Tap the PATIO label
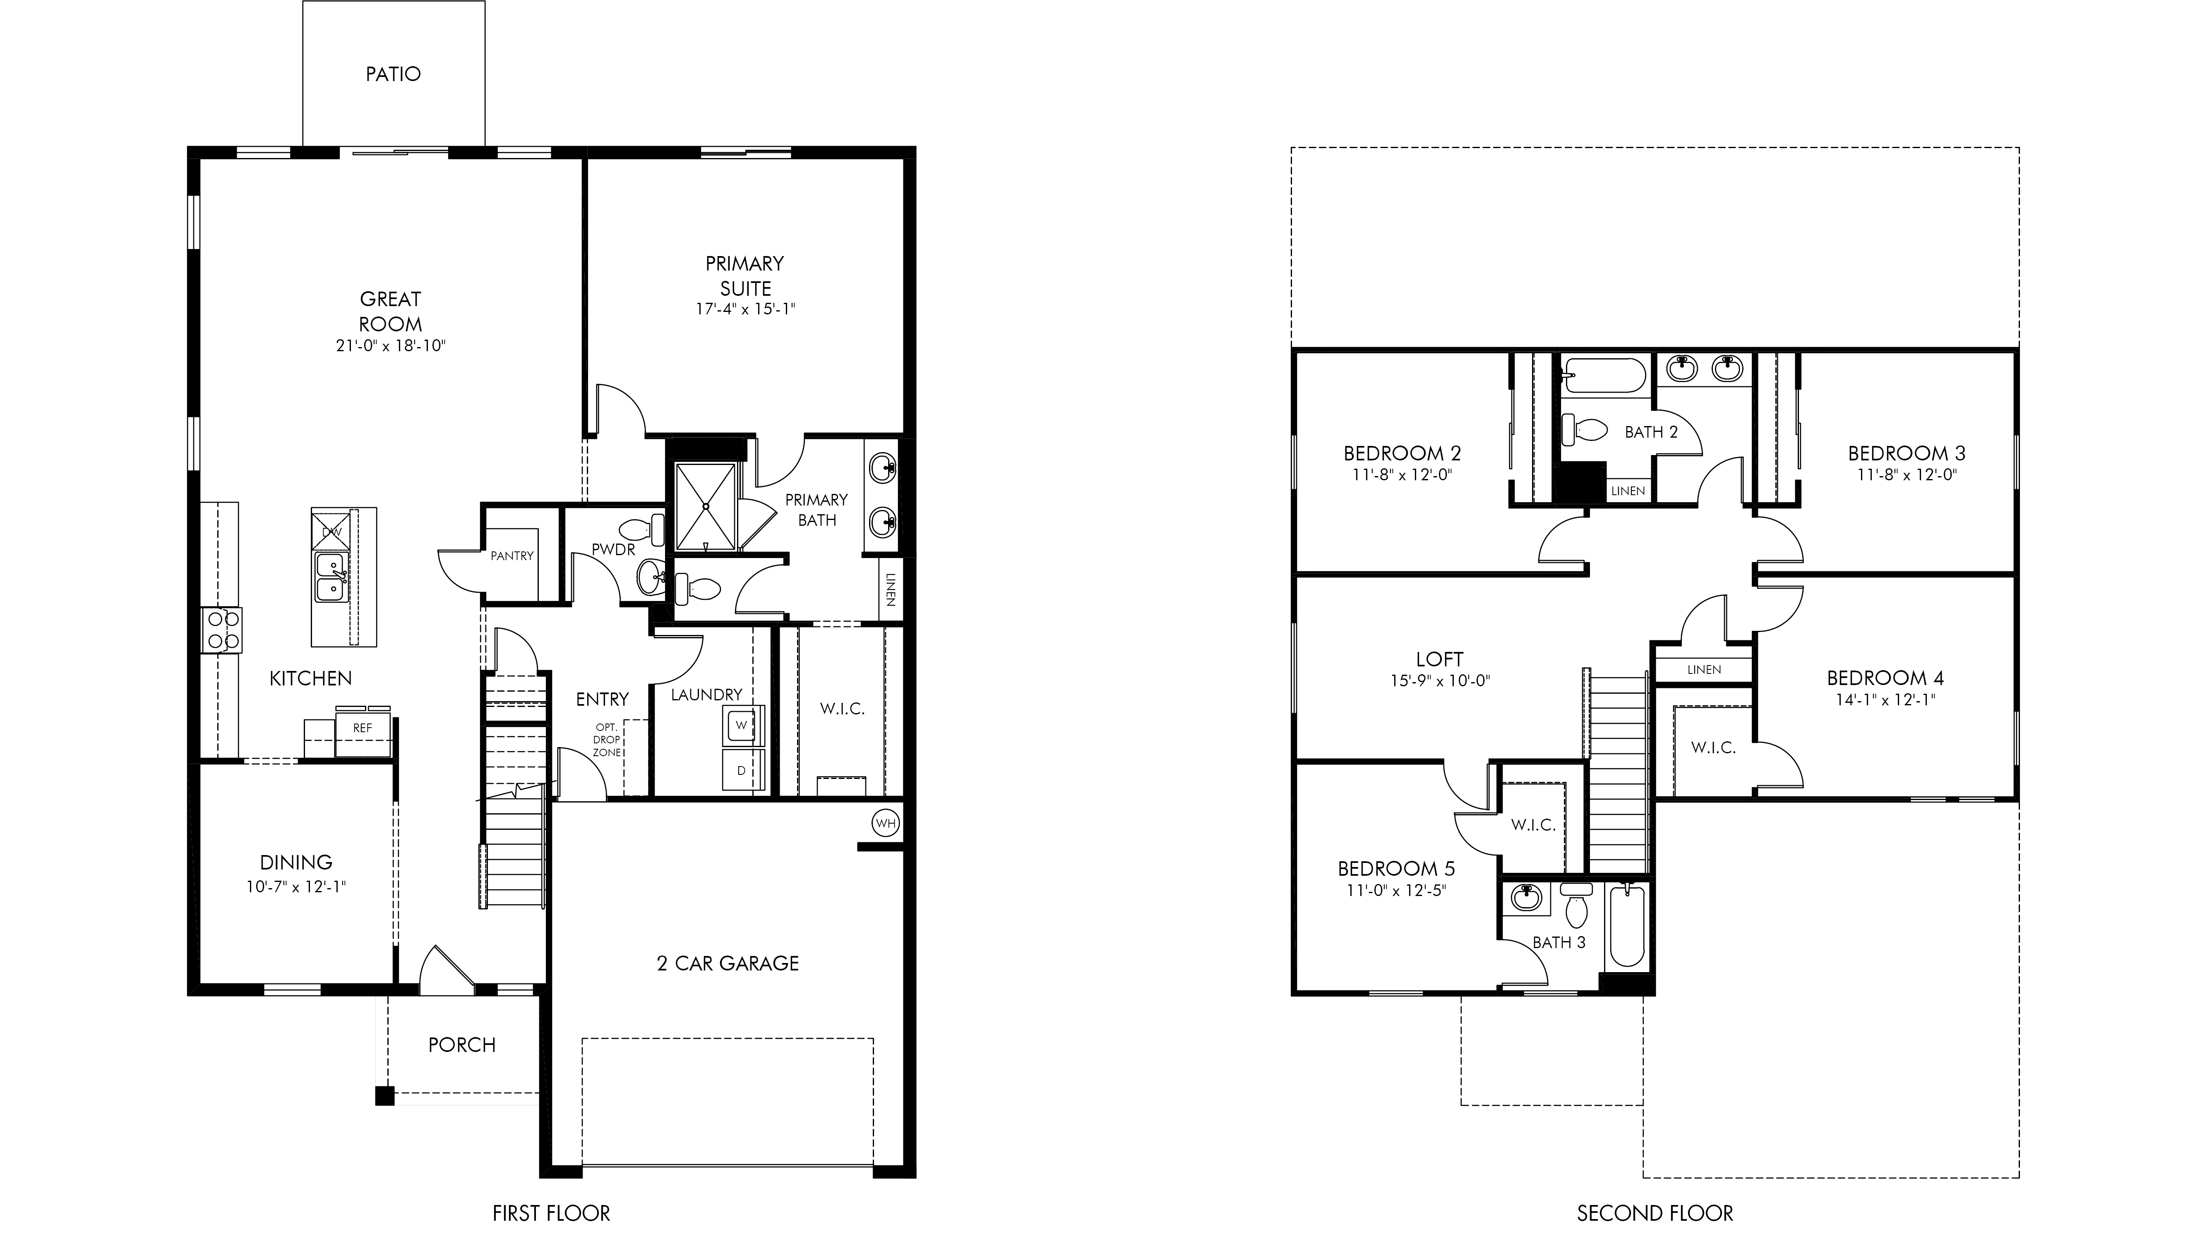click(x=393, y=74)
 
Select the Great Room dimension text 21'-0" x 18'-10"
click(x=391, y=346)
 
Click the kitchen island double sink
click(x=331, y=577)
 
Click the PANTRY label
click(x=512, y=556)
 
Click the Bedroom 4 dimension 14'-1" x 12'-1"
click(x=1886, y=700)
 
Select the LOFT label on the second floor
click(x=1439, y=659)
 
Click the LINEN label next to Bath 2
click(x=1628, y=491)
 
